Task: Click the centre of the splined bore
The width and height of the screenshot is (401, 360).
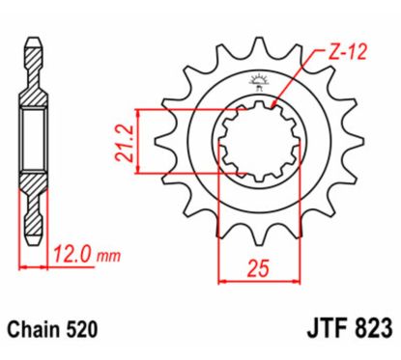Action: pos(257,141)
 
